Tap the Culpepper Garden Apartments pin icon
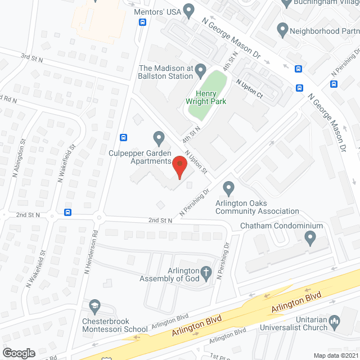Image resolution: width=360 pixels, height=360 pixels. [x=159, y=137]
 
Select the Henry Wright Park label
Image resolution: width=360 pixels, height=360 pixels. [x=206, y=97]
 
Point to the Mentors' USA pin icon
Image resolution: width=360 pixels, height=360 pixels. [x=188, y=10]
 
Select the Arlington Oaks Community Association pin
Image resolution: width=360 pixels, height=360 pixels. [x=228, y=187]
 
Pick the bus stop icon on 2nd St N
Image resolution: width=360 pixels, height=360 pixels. [x=68, y=213]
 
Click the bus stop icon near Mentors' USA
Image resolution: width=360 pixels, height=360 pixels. [x=142, y=22]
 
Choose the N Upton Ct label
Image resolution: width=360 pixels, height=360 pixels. [x=249, y=88]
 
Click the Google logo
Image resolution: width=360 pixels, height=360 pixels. [x=19, y=353]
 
